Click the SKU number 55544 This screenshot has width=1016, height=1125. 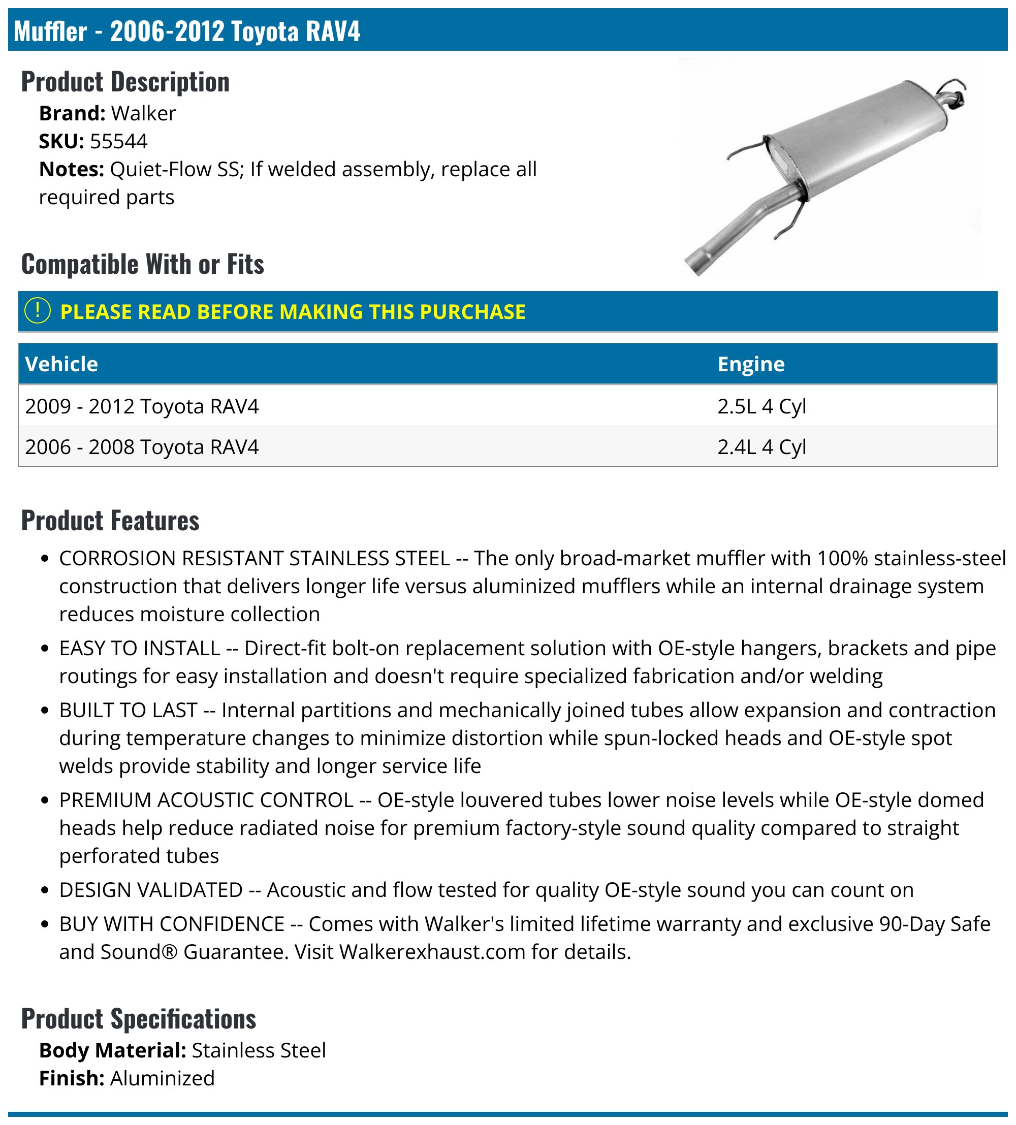click(x=118, y=141)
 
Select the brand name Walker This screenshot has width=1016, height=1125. click(x=143, y=113)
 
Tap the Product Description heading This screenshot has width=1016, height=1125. click(x=125, y=82)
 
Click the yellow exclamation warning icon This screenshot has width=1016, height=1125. click(x=38, y=311)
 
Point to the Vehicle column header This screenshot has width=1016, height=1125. click(x=61, y=364)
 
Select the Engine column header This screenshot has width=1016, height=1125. click(x=750, y=364)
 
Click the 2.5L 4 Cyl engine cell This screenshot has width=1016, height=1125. click(x=761, y=406)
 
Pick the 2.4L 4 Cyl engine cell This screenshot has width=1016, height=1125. click(x=761, y=447)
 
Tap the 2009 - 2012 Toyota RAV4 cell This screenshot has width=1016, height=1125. click(x=142, y=406)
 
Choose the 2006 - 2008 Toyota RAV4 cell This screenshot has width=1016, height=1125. click(x=142, y=447)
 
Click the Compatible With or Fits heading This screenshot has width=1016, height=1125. click(x=142, y=264)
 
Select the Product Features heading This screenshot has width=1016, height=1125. click(x=110, y=521)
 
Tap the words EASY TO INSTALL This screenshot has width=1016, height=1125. click(x=140, y=648)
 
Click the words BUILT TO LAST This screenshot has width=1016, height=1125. click(x=129, y=710)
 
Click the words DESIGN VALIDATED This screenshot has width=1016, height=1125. click(x=151, y=889)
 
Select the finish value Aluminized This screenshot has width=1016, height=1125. click(x=162, y=1078)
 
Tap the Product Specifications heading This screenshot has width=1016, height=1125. click(x=139, y=1018)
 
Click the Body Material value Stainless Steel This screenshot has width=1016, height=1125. click(x=259, y=1050)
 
